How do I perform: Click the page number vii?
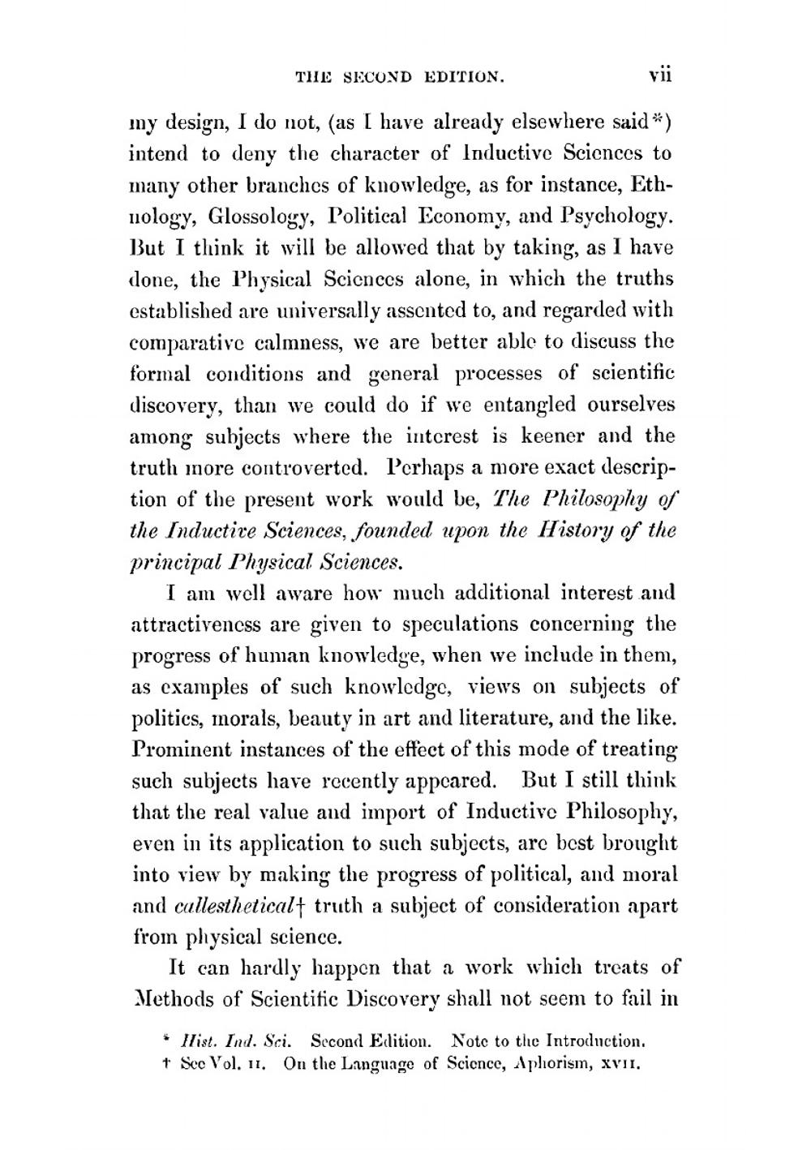tap(660, 76)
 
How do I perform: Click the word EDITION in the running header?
tap(462, 78)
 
